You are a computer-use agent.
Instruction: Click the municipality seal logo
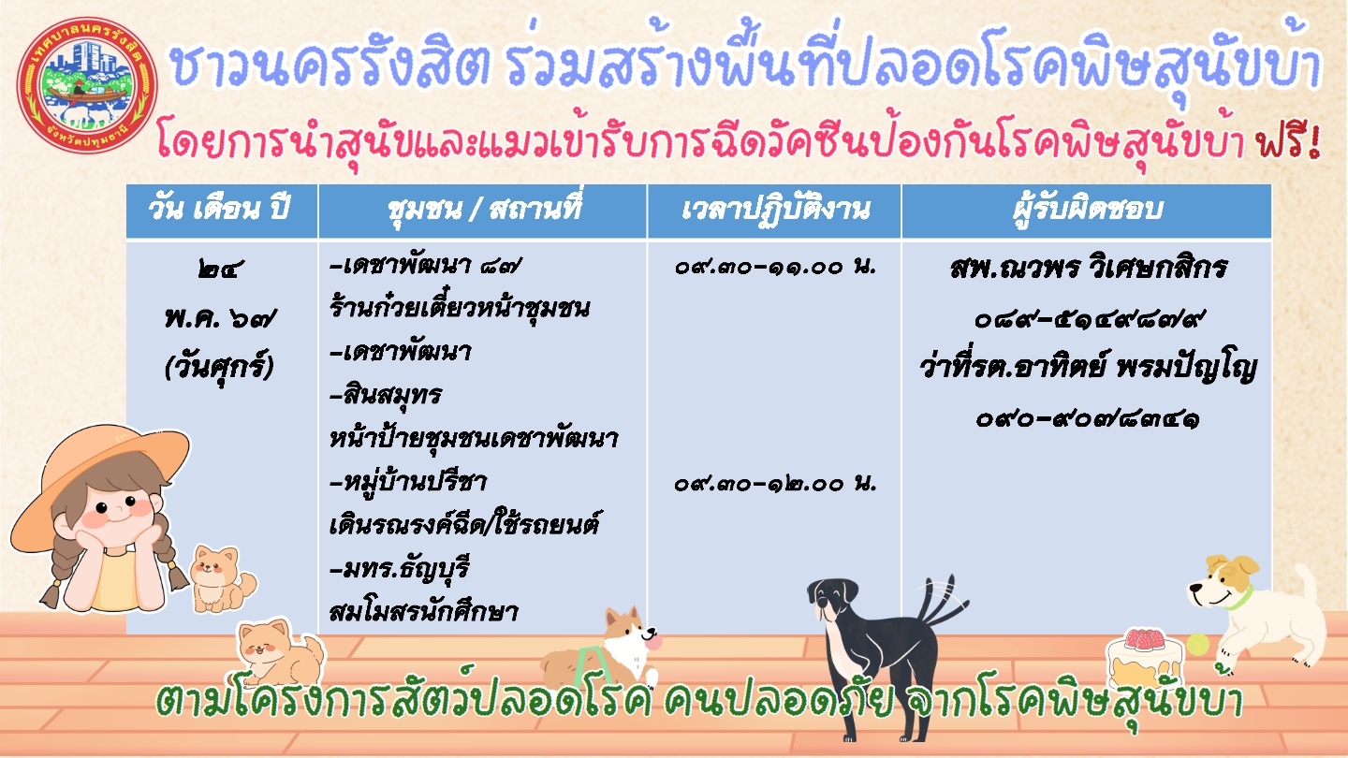pos(87,85)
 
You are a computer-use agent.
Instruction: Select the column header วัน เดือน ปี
pos(220,210)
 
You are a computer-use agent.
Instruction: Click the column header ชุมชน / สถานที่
pos(484,211)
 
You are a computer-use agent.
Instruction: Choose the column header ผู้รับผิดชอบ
pos(1088,210)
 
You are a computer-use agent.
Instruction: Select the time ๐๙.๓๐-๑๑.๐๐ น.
pos(776,266)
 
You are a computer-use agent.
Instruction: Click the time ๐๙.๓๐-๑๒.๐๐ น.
pos(776,483)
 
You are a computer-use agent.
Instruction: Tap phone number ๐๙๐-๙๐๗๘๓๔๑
pos(1089,418)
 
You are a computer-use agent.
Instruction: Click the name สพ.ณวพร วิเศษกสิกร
pos(1089,267)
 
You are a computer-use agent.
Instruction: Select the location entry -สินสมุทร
pos(386,396)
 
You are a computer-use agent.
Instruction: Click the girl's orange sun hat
pos(96,475)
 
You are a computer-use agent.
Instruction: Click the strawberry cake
pos(1143,658)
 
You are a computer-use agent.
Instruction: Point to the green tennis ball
pos(1197,644)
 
